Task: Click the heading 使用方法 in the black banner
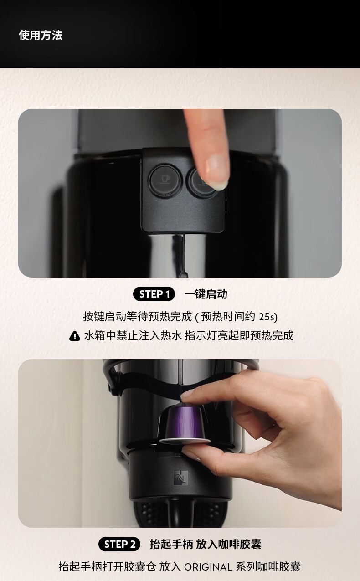coord(41,35)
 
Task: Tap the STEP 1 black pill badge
coord(154,294)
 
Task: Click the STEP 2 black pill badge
coord(119,544)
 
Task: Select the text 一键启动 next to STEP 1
coord(206,294)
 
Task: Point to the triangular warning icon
coord(75,336)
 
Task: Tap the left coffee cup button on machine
coord(165,180)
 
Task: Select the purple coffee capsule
coord(184,423)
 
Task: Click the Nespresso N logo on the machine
coord(180,476)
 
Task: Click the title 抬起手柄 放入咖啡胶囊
coord(206,544)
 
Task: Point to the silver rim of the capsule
coord(185,440)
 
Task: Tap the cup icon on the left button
coord(165,179)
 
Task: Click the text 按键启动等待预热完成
coord(138,317)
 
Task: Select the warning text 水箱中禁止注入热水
coord(133,336)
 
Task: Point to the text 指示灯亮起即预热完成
coord(239,336)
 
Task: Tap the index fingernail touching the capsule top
coord(188,394)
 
